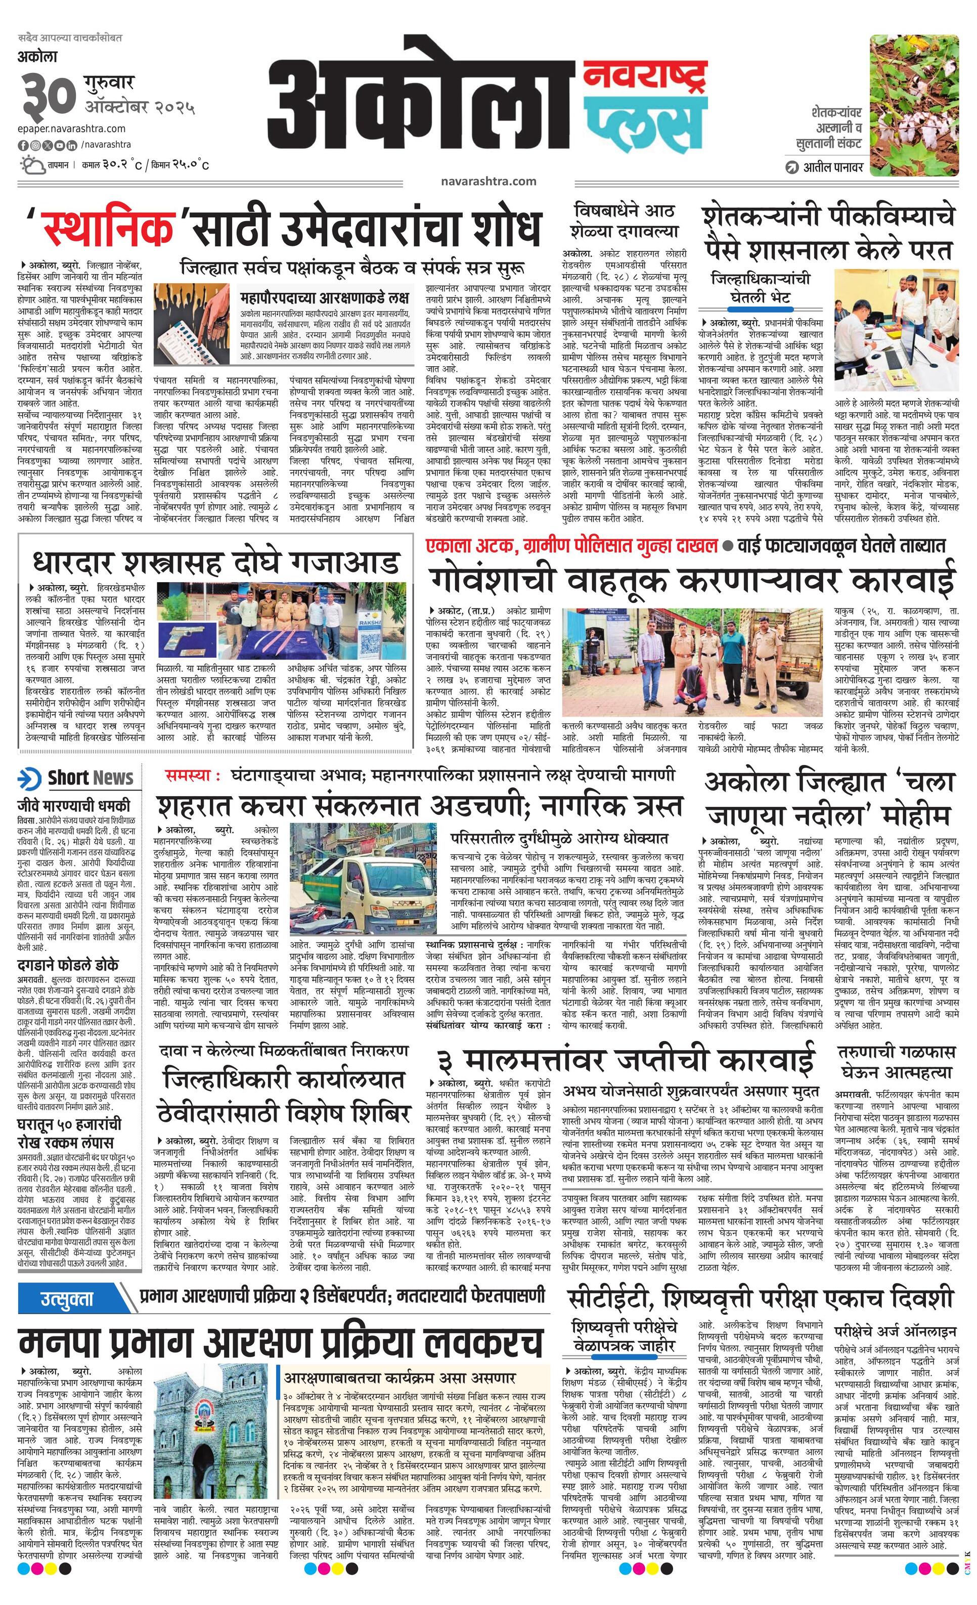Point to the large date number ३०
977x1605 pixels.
[47, 95]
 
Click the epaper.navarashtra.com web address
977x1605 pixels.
[72, 128]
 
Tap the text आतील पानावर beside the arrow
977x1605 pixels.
[834, 167]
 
